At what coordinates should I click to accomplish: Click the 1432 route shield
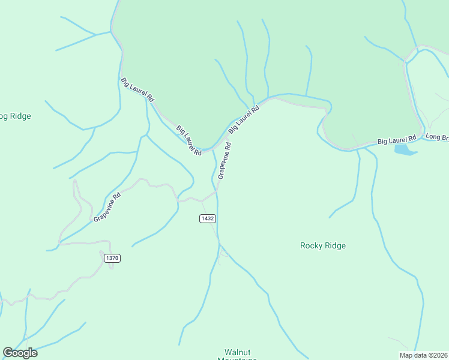[207, 219]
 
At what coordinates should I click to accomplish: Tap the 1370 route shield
[112, 258]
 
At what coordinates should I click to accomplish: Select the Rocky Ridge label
[323, 245]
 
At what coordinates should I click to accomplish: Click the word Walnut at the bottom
[237, 352]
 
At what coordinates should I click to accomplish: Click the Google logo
[20, 353]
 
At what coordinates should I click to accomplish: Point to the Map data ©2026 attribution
[423, 355]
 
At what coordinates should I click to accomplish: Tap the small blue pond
[405, 149]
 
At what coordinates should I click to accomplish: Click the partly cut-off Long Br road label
[437, 137]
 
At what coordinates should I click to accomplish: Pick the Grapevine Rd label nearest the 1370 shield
[107, 207]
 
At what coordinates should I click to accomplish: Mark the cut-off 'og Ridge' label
[15, 116]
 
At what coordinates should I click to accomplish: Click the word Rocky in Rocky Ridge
[312, 245]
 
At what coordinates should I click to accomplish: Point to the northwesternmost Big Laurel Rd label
[137, 89]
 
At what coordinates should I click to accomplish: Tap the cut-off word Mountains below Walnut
[237, 359]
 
